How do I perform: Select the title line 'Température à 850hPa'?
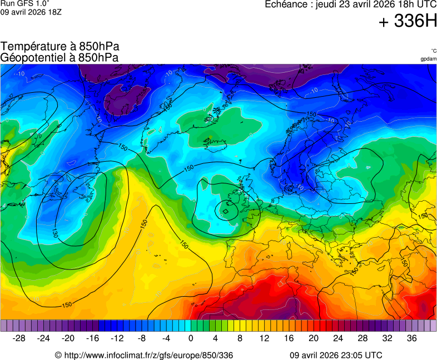tap(60, 47)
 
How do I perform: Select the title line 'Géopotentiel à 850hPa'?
tap(59, 57)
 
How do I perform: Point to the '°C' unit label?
tap(433, 51)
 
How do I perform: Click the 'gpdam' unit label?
tap(428, 59)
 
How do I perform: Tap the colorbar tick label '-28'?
tap(19, 338)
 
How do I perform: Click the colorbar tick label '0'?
tap(191, 338)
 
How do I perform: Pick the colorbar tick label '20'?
tap(313, 338)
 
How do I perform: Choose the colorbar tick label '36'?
tap(411, 338)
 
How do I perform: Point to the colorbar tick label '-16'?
tap(92, 338)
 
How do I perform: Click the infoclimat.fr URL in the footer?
tap(144, 355)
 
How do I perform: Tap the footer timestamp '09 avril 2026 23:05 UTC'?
tap(336, 355)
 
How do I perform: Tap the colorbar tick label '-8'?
tap(141, 338)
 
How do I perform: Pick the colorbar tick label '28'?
tap(362, 338)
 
